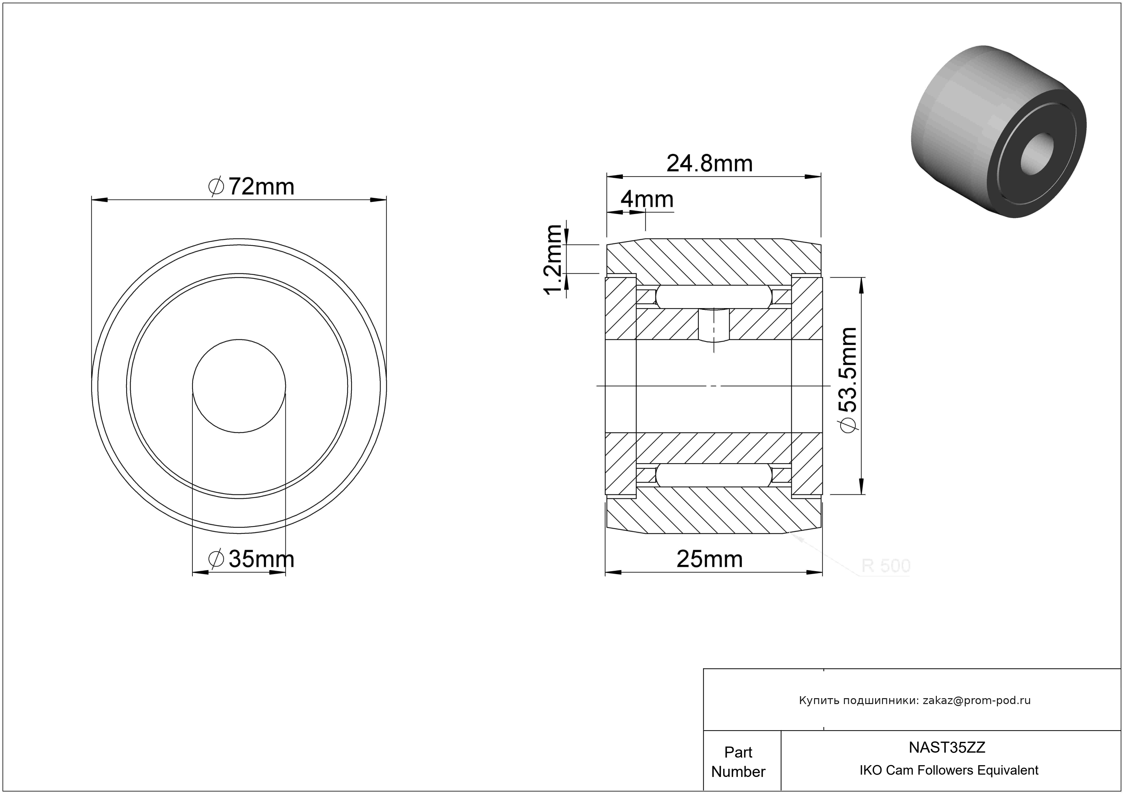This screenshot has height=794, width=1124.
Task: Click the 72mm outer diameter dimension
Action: [251, 187]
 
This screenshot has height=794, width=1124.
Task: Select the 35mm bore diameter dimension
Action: [251, 559]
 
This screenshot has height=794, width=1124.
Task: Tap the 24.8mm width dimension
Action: [709, 163]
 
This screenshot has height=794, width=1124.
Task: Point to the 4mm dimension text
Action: [647, 199]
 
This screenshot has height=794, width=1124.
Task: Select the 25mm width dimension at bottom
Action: [709, 559]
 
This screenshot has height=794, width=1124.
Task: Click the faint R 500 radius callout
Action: [886, 566]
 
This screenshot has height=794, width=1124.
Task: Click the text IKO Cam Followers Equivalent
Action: [949, 770]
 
